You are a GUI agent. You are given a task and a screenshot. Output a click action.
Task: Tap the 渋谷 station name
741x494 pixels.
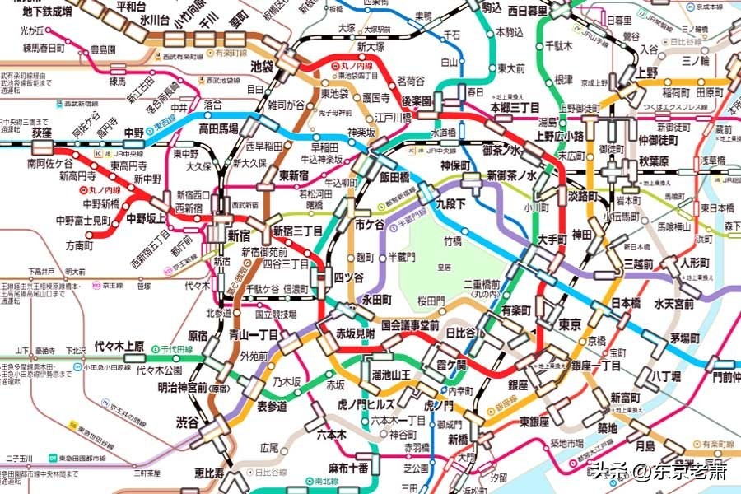tap(187, 422)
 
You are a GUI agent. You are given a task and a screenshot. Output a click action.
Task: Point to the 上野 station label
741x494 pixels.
tap(647, 72)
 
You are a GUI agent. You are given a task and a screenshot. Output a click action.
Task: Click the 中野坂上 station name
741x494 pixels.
tap(147, 219)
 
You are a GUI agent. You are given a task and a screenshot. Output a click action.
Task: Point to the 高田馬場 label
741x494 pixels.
tap(219, 129)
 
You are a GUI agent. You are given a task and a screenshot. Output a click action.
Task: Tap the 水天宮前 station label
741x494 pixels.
tap(674, 304)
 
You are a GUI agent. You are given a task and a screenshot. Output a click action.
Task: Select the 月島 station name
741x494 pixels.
tap(645, 445)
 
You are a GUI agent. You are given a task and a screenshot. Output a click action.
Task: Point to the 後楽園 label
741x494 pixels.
tap(417, 99)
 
